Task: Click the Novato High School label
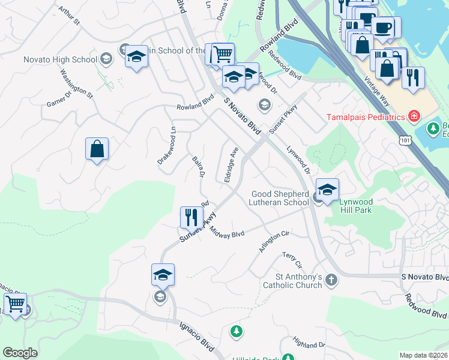click(59, 59)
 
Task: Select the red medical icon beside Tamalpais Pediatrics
click(413, 116)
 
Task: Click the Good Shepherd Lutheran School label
click(279, 198)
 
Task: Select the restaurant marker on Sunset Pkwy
click(191, 217)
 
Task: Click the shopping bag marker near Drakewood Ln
click(97, 148)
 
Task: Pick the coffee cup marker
click(382, 27)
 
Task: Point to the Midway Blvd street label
click(227, 233)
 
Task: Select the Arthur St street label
click(70, 17)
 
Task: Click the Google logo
click(20, 353)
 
